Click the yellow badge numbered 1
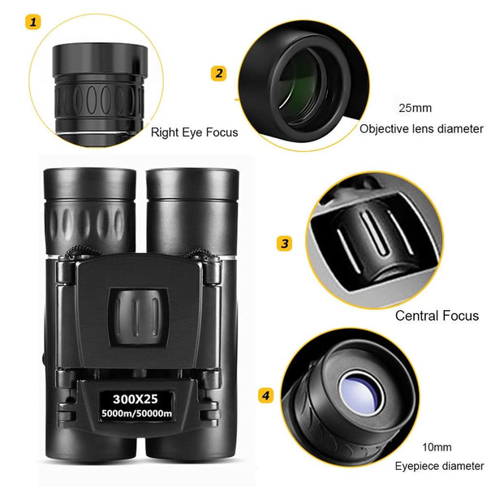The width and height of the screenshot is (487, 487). tap(33, 22)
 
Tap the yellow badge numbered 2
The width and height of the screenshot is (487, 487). tap(218, 74)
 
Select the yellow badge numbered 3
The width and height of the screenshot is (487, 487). tap(284, 243)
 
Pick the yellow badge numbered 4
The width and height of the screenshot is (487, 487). tap(265, 395)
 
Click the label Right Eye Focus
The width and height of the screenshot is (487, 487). tap(195, 131)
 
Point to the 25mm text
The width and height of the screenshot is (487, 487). tap(415, 107)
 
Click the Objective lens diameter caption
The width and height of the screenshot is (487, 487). tap(421, 128)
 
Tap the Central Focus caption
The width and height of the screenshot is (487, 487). tap(437, 316)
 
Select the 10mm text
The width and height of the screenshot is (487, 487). tap(437, 447)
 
